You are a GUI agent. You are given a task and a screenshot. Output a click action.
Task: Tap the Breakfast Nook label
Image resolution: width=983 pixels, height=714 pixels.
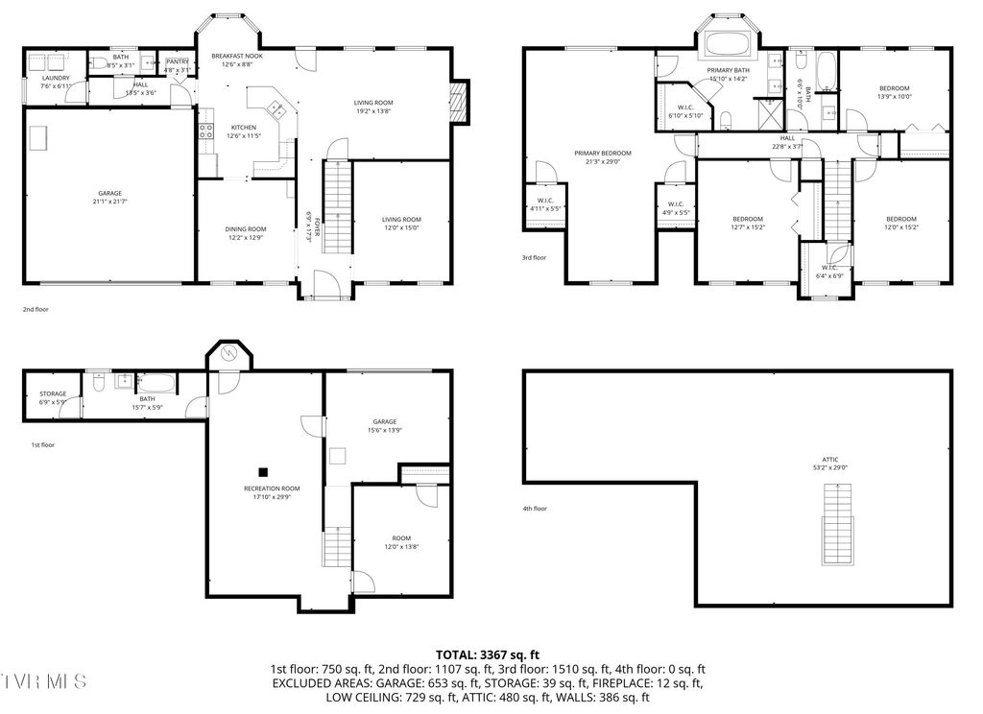coord(236,57)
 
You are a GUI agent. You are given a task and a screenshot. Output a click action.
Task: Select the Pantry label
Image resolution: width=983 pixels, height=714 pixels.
coord(178,61)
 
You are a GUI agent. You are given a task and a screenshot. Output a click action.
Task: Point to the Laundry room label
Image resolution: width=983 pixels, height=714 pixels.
coord(55,78)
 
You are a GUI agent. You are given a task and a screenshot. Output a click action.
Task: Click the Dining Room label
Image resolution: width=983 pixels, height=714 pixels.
coord(246,228)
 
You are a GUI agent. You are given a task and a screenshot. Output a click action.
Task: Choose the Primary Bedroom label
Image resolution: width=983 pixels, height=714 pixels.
coord(603,153)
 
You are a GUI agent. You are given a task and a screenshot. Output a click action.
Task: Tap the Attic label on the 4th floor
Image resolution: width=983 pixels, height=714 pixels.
coord(830,460)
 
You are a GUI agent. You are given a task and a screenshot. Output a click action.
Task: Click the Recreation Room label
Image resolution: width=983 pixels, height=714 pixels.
coord(272,488)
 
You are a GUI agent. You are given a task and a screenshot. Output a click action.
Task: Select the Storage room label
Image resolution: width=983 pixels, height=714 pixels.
coord(53,393)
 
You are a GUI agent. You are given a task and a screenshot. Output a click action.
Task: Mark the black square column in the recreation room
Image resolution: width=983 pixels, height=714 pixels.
coord(263,471)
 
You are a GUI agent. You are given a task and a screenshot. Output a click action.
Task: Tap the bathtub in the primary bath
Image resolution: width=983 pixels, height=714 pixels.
coord(729,44)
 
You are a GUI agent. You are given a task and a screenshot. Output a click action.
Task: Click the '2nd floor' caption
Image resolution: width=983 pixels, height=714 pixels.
coord(36,310)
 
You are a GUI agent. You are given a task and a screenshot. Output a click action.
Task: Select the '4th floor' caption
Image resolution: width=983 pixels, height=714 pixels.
coord(534,509)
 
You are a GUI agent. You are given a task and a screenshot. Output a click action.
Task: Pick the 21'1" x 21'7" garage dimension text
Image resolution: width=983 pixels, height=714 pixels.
coord(109,202)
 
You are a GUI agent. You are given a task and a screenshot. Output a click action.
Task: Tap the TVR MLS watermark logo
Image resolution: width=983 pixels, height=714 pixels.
coord(44,681)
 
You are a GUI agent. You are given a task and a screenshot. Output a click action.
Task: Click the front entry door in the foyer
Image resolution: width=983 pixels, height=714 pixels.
coord(325,285)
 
